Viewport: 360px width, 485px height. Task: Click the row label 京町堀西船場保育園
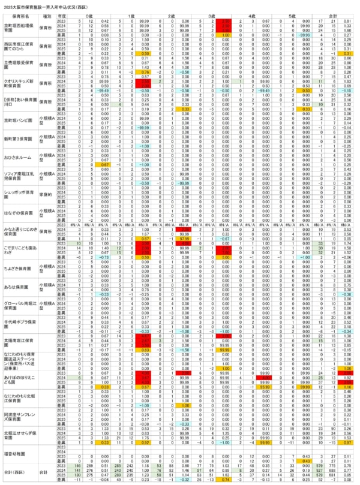[18, 28]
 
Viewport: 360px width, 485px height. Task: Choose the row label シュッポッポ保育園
[18, 194]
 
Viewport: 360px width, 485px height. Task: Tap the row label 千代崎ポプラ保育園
[18, 322]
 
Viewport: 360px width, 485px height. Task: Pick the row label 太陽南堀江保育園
[18, 342]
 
